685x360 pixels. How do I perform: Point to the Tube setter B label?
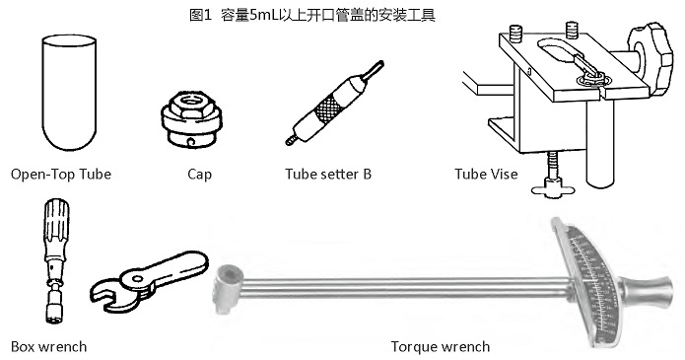click(327, 175)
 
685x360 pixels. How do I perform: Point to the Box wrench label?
click(48, 346)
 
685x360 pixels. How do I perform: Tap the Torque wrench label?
click(440, 346)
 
